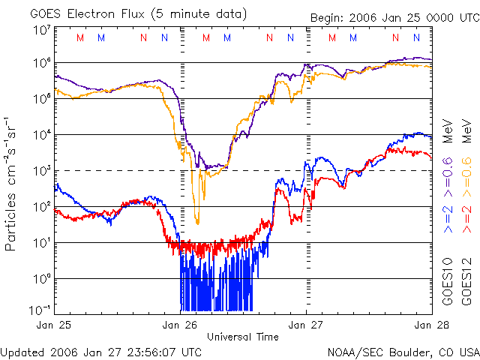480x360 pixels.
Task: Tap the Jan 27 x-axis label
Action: tap(306, 325)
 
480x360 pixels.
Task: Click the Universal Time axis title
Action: tap(243, 337)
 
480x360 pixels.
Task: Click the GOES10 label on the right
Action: tap(448, 282)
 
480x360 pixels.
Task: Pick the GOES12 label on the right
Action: tap(466, 282)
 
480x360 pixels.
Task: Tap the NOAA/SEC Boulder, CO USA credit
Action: tap(403, 351)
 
